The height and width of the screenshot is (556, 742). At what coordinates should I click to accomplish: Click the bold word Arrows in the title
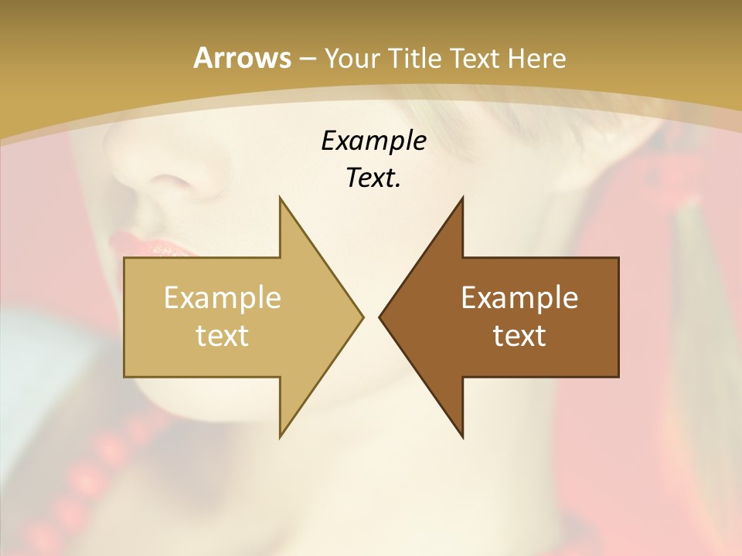(x=241, y=58)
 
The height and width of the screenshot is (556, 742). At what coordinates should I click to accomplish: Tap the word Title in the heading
(x=415, y=58)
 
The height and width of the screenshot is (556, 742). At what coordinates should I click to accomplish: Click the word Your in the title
(x=352, y=59)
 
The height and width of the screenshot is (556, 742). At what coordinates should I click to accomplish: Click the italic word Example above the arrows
(x=373, y=141)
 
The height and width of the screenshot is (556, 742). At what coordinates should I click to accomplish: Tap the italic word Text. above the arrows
(x=373, y=178)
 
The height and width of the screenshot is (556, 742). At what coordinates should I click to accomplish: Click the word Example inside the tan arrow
(x=223, y=297)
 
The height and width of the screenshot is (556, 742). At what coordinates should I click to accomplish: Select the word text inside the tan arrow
(x=223, y=335)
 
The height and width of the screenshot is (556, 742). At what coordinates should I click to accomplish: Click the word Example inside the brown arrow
(x=519, y=297)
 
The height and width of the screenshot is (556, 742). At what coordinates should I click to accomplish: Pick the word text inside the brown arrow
(x=519, y=335)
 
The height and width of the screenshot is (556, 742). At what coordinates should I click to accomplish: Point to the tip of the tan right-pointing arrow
(x=362, y=317)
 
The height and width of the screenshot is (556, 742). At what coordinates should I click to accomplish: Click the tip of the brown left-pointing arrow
(x=380, y=317)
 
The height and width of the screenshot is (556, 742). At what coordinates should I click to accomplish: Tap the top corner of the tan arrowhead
(x=280, y=198)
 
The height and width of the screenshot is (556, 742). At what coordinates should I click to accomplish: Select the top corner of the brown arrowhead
(x=462, y=198)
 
